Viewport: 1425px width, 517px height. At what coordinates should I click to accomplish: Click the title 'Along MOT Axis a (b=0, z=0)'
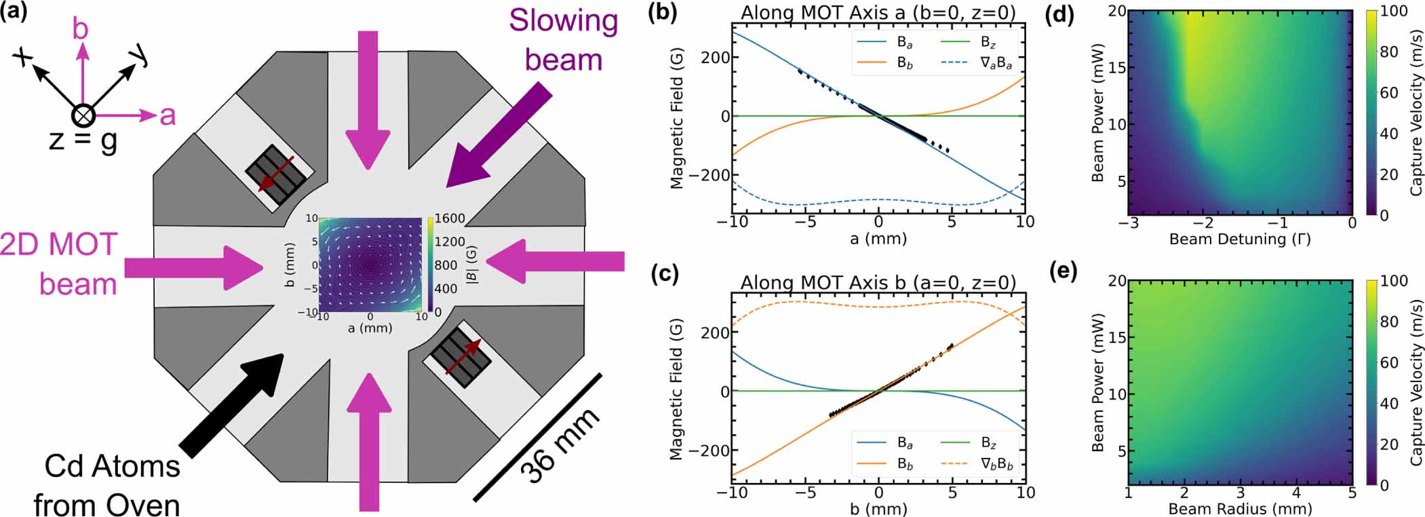click(878, 12)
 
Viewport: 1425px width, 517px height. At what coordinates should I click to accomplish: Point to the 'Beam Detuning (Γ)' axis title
click(1239, 239)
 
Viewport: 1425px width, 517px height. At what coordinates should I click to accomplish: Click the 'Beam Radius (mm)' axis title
click(1239, 508)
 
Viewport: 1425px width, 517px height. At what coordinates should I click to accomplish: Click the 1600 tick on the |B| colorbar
click(450, 218)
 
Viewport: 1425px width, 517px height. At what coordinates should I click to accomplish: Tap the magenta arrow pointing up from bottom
click(369, 441)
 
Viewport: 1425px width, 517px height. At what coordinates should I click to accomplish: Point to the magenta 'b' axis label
click(81, 29)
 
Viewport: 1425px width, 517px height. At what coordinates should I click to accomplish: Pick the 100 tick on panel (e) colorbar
click(1394, 281)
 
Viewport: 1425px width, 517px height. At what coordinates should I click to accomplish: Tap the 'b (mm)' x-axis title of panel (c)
click(878, 508)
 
